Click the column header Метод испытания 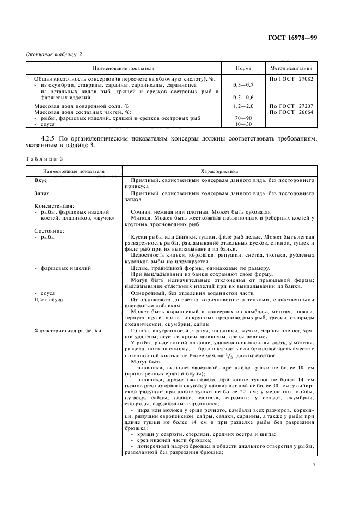pyautogui.click(x=291, y=69)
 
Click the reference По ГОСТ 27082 pyautogui.click(x=291, y=78)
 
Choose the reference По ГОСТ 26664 pyautogui.click(x=291, y=111)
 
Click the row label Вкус pyautogui.click(x=41, y=180)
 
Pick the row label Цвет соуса pyautogui.click(x=49, y=300)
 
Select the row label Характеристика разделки pyautogui.click(x=68, y=331)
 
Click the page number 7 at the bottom pyautogui.click(x=314, y=464)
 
